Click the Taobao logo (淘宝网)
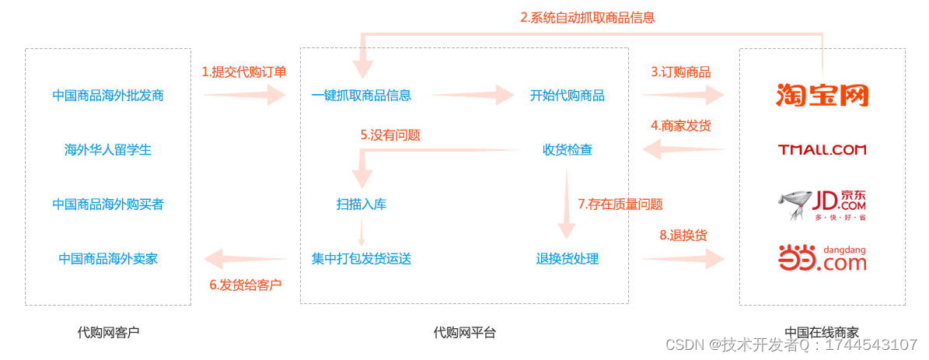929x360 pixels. pos(822,95)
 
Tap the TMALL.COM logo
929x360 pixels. pos(822,149)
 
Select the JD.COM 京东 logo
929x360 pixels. pos(822,204)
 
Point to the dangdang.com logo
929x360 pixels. pos(822,258)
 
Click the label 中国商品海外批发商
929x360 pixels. pos(108,96)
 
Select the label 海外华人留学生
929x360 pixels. pos(108,150)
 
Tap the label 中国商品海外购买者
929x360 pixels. pos(108,204)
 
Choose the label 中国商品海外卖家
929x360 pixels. pos(108,259)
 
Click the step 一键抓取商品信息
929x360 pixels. pos(361,96)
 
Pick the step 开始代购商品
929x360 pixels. pos(568,96)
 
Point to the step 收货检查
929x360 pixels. pos(568,150)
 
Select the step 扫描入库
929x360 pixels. pos(361,204)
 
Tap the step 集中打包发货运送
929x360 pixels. pos(361,259)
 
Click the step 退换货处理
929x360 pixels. pos(568,259)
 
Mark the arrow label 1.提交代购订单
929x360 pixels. pos(244,72)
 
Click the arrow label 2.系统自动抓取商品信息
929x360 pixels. pos(588,17)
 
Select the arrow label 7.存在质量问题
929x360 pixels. pos(620,204)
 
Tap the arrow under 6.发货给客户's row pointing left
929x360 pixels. pos(244,259)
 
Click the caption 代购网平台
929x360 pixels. pos(464,333)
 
